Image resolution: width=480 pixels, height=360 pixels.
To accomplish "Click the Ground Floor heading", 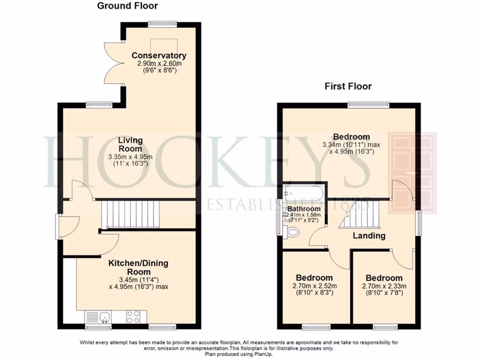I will (127, 6).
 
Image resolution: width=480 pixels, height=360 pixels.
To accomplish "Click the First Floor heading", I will (348, 86).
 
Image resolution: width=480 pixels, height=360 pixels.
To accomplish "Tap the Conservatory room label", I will (159, 55).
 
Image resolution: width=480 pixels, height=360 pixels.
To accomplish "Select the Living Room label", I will (130, 144).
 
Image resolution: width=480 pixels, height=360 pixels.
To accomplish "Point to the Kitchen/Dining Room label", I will (138, 268).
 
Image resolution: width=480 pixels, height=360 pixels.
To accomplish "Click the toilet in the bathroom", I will (293, 231).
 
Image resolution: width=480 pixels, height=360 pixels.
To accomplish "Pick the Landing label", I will (369, 236).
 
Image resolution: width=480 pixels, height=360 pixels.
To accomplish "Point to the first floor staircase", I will (358, 216).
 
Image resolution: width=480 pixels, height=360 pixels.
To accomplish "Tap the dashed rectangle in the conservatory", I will (164, 46).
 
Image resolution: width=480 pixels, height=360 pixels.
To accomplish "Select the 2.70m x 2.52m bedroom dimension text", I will (314, 286).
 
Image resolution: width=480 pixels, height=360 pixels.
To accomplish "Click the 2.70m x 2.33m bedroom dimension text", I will (384, 286).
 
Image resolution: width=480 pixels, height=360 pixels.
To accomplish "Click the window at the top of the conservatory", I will (162, 23).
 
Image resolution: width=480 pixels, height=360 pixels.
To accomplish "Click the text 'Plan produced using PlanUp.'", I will (239, 354).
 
